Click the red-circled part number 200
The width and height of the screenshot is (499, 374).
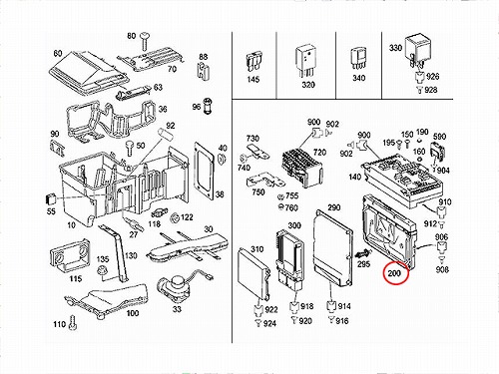394,273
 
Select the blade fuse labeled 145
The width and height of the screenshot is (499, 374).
253,62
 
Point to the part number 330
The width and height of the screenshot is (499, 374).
395,48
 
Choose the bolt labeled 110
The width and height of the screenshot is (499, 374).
73,323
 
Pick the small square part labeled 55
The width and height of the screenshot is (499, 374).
50,198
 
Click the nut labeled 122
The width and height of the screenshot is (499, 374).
175,218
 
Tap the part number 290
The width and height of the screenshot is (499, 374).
334,207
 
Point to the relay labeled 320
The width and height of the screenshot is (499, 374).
306,61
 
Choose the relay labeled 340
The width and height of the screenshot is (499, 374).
358,59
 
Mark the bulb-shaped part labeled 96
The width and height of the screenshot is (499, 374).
209,105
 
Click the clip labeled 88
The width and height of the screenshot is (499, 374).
203,71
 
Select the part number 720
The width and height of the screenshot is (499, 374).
319,153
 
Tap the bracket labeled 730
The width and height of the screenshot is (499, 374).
257,151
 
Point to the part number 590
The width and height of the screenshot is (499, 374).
439,137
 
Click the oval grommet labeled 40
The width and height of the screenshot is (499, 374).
221,159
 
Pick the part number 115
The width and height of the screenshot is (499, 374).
76,278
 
